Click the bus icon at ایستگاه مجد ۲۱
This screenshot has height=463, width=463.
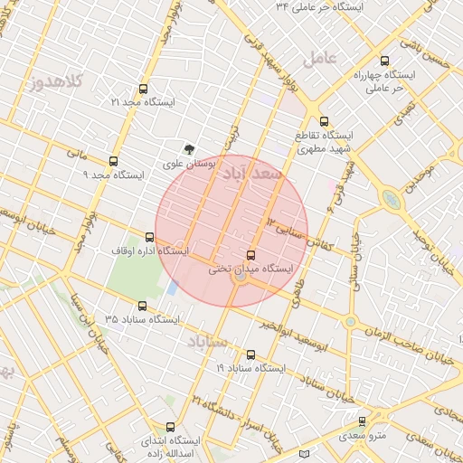[x=142, y=89]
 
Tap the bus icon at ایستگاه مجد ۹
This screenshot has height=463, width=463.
[x=113, y=160]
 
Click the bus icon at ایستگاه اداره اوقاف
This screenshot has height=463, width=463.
[x=149, y=237]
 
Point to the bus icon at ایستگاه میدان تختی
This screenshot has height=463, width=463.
[x=250, y=255]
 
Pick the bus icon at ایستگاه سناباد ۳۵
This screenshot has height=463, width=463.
[x=142, y=306]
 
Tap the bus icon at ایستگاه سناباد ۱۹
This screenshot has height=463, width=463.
[x=250, y=355]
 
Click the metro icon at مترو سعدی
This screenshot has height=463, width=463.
[x=363, y=420]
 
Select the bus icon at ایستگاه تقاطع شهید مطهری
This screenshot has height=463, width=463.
[x=324, y=120]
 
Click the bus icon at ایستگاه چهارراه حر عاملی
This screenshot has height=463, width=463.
[x=384, y=61]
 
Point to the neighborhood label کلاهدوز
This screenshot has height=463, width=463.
[x=52, y=82]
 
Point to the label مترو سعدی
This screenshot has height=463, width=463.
[x=363, y=436]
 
